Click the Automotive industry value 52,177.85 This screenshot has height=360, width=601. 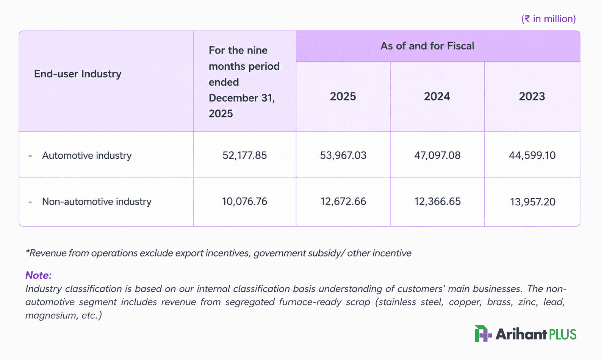tap(244, 155)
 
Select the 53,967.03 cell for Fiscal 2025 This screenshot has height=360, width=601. tap(343, 155)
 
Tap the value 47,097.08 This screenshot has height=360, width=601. tap(437, 155)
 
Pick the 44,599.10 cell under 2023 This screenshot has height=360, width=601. tap(532, 155)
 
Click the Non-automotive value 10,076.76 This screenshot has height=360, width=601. tap(244, 202)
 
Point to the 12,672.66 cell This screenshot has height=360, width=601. tap(343, 202)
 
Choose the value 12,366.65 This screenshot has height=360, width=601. tap(437, 202)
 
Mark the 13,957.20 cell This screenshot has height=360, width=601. tap(532, 202)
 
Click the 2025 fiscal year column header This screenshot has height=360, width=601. tap(343, 96)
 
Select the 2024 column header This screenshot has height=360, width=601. tap(437, 96)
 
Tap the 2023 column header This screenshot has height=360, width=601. tap(532, 96)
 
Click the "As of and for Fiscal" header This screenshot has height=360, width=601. tap(427, 46)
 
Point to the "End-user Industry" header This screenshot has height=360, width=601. tap(78, 74)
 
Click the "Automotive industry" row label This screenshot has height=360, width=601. tap(87, 156)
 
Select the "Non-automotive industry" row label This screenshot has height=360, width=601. tap(97, 202)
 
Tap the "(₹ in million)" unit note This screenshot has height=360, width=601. tap(549, 19)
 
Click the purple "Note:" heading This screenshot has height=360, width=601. tap(38, 275)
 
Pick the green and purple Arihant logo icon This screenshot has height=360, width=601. tap(483, 333)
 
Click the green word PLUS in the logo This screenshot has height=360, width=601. tap(563, 334)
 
